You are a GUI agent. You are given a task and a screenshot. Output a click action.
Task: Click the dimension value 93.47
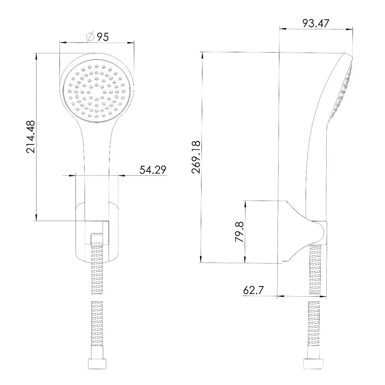(315, 23)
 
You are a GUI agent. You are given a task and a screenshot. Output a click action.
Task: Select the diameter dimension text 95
(103, 37)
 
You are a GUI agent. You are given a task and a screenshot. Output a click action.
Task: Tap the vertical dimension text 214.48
(31, 137)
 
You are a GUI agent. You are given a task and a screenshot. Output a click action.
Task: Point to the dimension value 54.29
(153, 170)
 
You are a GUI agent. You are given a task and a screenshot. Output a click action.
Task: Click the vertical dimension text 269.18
(196, 158)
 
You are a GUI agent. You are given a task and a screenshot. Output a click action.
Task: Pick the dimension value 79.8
(239, 232)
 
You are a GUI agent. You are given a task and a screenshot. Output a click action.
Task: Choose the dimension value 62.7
(253, 290)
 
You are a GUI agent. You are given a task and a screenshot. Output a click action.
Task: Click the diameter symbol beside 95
(90, 37)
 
